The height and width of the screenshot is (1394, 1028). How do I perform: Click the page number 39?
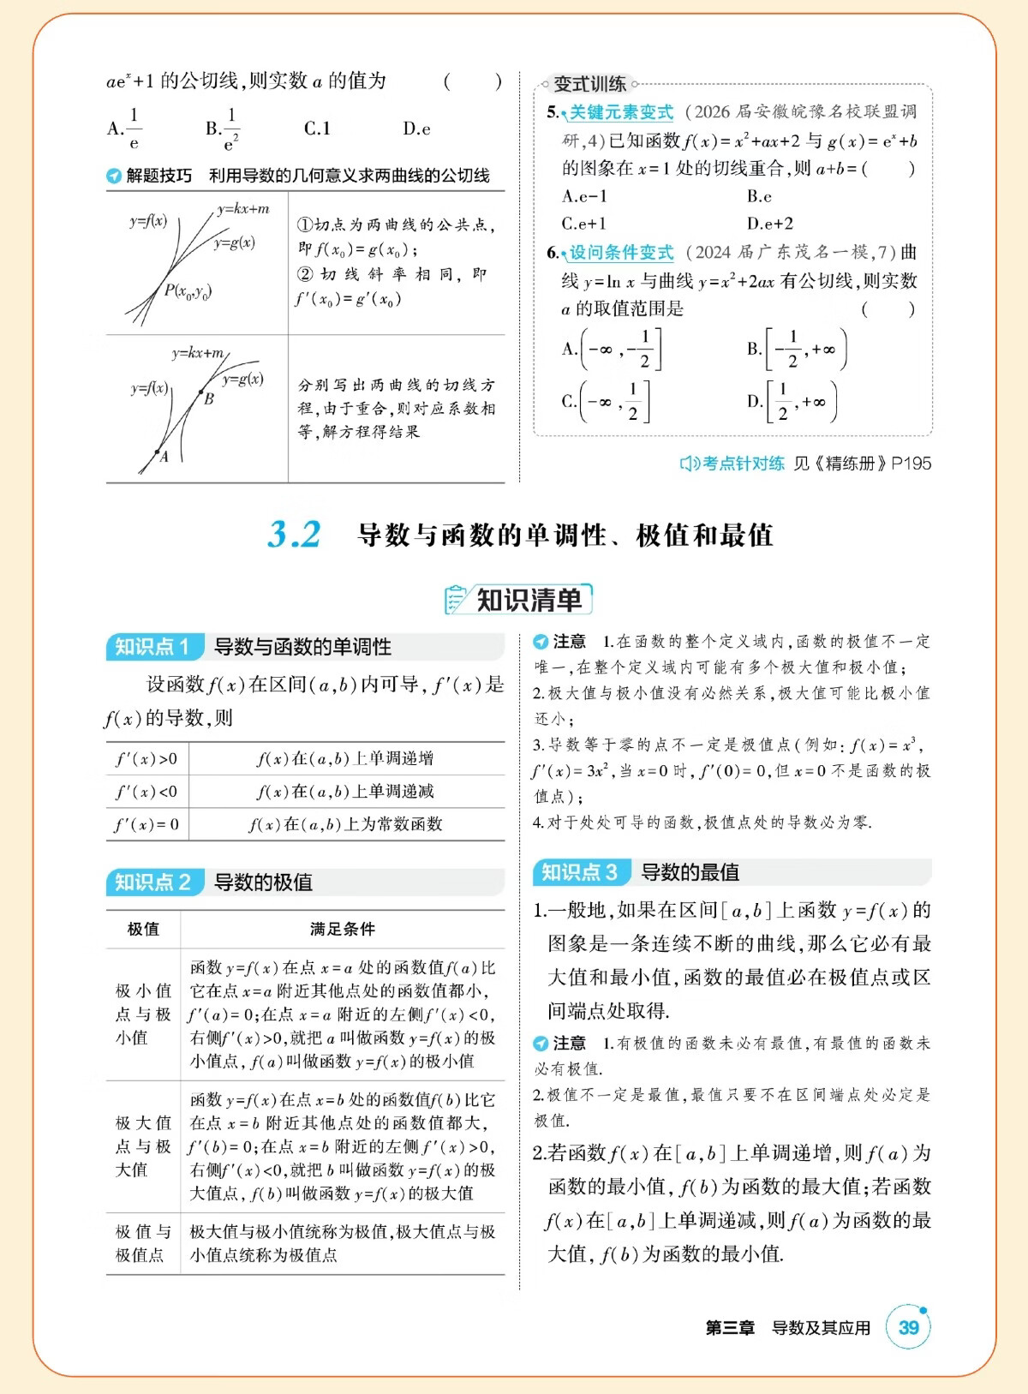point(908,1327)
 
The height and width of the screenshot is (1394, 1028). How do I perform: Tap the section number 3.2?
point(294,535)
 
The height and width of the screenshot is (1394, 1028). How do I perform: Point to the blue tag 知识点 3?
point(580,872)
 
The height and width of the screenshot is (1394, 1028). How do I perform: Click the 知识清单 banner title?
point(528,600)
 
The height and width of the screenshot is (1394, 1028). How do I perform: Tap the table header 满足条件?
point(342,929)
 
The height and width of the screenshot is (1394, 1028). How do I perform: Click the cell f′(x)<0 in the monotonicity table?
point(146,792)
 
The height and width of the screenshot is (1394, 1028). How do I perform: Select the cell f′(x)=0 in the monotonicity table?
point(146,824)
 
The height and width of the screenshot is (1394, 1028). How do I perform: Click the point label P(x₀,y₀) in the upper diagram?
point(188,291)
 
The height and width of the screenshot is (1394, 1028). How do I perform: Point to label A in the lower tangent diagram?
point(164,458)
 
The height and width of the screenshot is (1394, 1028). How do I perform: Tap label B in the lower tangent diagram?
point(208,398)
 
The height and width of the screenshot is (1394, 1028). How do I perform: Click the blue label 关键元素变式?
point(622,112)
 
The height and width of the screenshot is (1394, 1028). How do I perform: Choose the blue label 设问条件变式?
point(622,253)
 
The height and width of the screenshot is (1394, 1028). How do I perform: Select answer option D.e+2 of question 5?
point(769,224)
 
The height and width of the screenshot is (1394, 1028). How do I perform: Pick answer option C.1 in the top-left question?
point(317,129)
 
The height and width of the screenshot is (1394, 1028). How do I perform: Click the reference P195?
point(911,464)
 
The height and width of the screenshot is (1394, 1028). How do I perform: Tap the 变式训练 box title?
point(589,84)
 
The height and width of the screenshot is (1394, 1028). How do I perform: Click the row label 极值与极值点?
point(143,1243)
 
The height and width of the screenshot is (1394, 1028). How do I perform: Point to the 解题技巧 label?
point(159,176)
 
